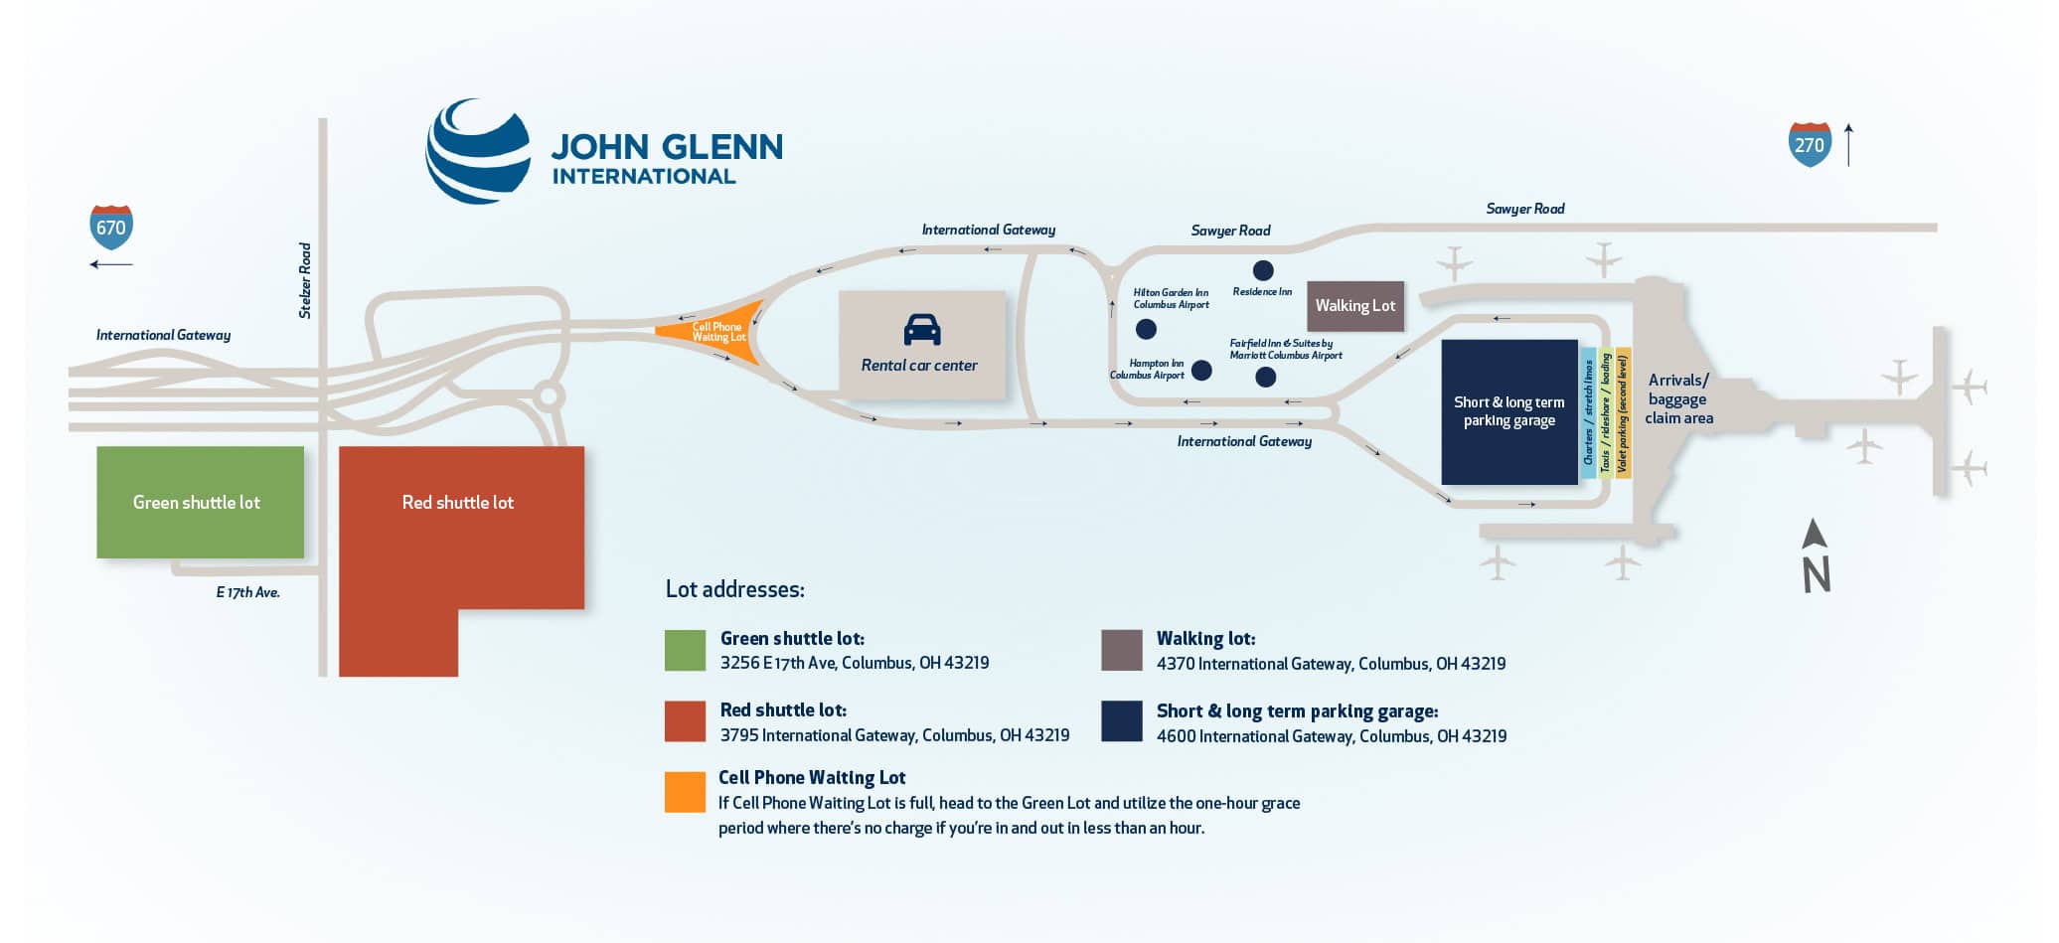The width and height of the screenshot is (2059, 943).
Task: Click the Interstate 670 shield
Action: point(111,228)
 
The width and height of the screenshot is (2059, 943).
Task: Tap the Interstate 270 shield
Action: point(1809,144)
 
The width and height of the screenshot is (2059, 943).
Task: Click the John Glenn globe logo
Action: point(478,151)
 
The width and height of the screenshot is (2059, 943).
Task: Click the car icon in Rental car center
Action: point(921,330)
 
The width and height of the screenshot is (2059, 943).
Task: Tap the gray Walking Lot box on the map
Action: point(1354,306)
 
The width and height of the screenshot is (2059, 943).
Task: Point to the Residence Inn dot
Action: point(1262,270)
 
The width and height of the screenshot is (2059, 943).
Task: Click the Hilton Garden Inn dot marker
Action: point(1146,328)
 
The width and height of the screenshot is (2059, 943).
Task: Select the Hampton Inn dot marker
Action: point(1201,371)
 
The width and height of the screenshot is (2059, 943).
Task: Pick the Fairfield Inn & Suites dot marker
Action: point(1265,377)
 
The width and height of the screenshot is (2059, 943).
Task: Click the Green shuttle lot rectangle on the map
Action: point(200,502)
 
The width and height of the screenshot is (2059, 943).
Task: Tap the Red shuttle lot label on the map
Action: point(458,503)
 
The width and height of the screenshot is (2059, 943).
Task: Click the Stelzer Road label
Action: point(305,281)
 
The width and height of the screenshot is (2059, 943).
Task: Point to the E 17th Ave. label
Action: point(247,592)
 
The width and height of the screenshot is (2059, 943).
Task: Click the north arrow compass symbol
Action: point(1816,556)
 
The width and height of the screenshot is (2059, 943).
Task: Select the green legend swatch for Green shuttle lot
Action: point(685,651)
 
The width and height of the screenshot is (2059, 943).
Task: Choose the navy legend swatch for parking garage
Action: point(1121,721)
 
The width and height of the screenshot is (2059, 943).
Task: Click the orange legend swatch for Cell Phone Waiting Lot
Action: point(685,792)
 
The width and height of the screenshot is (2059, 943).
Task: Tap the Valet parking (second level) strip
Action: point(1623,412)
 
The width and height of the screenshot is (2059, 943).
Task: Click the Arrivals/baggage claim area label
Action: point(1678,399)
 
